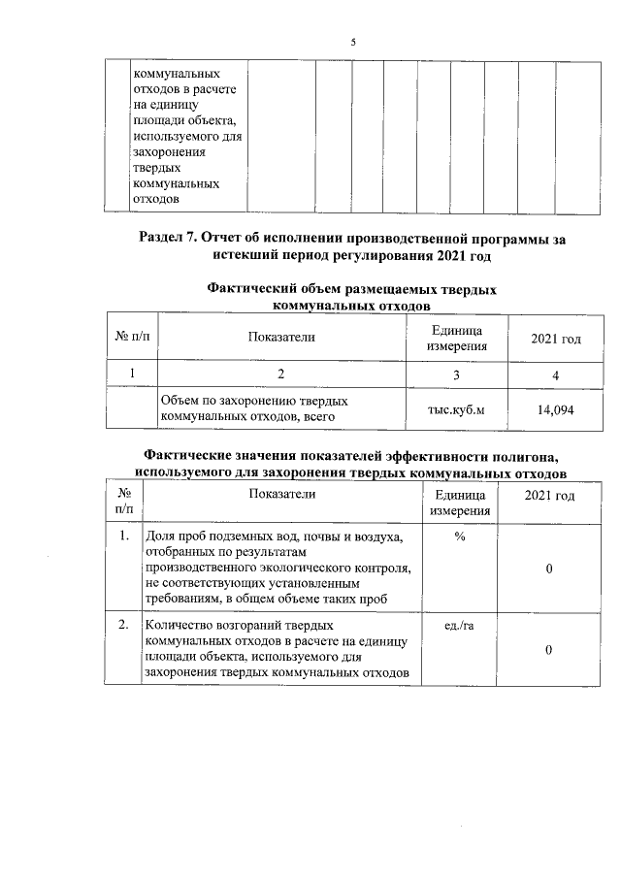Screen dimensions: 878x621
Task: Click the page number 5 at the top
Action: pyautogui.click(x=354, y=43)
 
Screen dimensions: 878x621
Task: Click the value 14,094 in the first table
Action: pyautogui.click(x=555, y=410)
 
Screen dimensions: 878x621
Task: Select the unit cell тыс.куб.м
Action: pyautogui.click(x=456, y=410)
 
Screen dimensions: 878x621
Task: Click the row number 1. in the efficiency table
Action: pyautogui.click(x=123, y=536)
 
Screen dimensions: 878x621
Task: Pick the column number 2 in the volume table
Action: pyautogui.click(x=281, y=373)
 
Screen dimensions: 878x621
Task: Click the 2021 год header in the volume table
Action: pyautogui.click(x=555, y=339)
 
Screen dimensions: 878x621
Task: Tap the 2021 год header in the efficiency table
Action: pyautogui.click(x=549, y=496)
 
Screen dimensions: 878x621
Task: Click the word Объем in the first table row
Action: pyautogui.click(x=180, y=400)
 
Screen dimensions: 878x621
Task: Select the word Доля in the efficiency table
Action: pyautogui.click(x=161, y=536)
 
